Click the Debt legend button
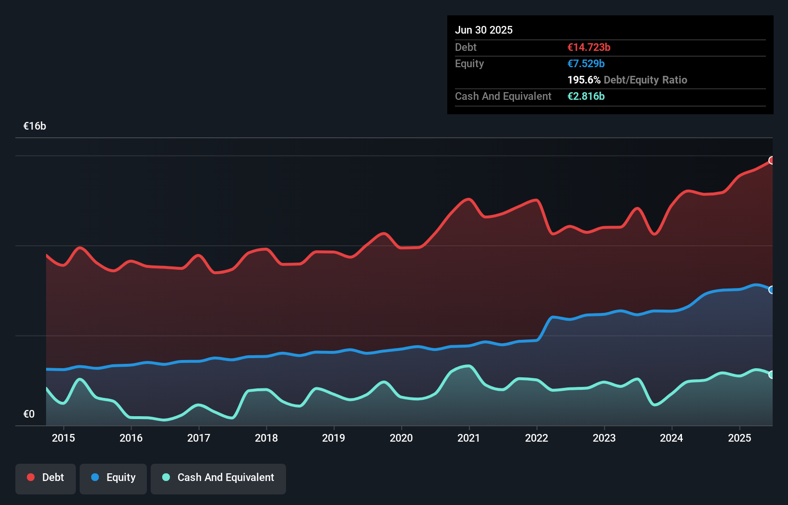[x=46, y=478]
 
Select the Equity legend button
[x=113, y=478]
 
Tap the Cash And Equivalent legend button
[x=218, y=478]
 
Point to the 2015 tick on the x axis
[x=63, y=438]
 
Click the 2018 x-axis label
[x=266, y=438]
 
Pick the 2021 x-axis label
[x=469, y=438]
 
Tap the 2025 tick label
[x=740, y=438]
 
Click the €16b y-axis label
[x=35, y=126]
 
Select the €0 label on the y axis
[x=29, y=414]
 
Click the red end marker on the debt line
[x=772, y=160]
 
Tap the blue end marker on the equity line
[x=772, y=290]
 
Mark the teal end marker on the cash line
[x=772, y=374]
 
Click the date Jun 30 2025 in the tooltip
[x=484, y=30]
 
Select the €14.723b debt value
[x=589, y=48]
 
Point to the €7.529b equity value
[x=586, y=64]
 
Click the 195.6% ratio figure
[x=584, y=80]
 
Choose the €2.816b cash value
[x=586, y=96]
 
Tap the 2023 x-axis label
[x=604, y=438]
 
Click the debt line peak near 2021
[x=468, y=199]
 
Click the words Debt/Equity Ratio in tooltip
[x=645, y=80]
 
